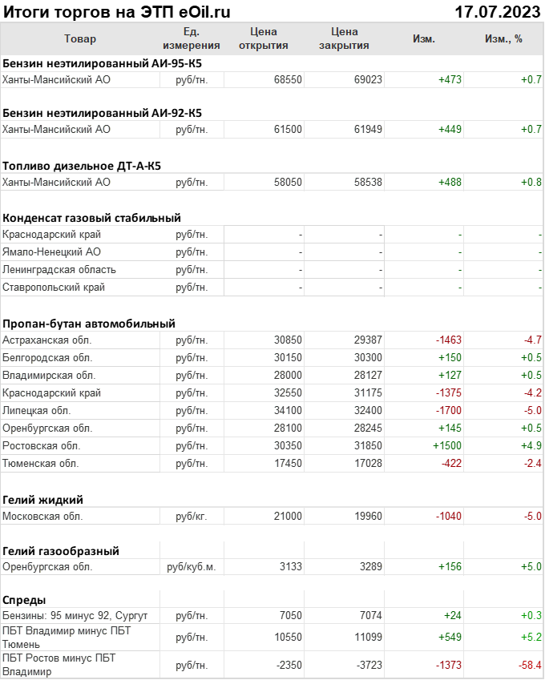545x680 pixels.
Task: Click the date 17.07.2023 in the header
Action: point(497,11)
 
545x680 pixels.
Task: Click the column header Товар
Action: point(79,39)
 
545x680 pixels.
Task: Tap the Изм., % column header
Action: point(503,39)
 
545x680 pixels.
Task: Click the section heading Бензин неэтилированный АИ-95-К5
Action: point(102,62)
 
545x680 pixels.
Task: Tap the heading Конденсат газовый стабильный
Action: point(91,218)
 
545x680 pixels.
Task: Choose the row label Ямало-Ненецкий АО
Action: point(52,252)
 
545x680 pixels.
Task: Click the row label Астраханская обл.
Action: point(47,340)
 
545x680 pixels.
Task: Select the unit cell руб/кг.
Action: point(192,517)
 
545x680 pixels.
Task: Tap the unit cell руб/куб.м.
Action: point(192,568)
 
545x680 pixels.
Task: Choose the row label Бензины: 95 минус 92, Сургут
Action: point(75,615)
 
